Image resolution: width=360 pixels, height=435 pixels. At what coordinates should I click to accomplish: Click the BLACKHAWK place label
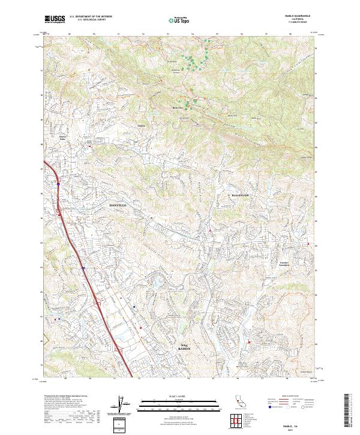(x=244, y=196)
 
